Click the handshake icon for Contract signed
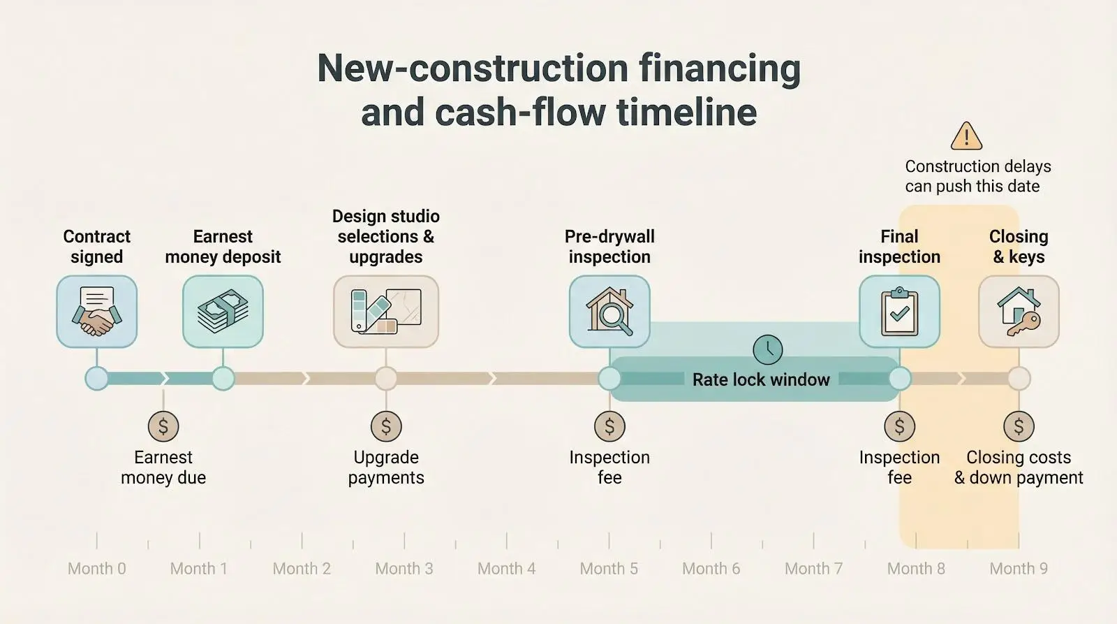(x=96, y=312)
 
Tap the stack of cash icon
(x=223, y=312)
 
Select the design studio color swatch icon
(x=386, y=312)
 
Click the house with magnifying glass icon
(x=609, y=312)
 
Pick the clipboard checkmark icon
(x=899, y=312)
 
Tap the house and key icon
(x=1019, y=312)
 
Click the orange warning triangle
(x=966, y=136)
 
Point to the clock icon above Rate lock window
(x=767, y=349)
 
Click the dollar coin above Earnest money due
(x=163, y=426)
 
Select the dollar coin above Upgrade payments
(x=386, y=426)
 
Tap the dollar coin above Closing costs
(x=1019, y=426)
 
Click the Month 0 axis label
(x=97, y=569)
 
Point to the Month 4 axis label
(x=507, y=569)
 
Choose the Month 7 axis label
(x=814, y=569)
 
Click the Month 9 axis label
(x=1019, y=569)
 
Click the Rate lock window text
(x=761, y=379)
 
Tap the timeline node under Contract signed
(x=96, y=379)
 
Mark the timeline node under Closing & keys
(x=1019, y=379)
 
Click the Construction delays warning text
(x=977, y=176)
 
